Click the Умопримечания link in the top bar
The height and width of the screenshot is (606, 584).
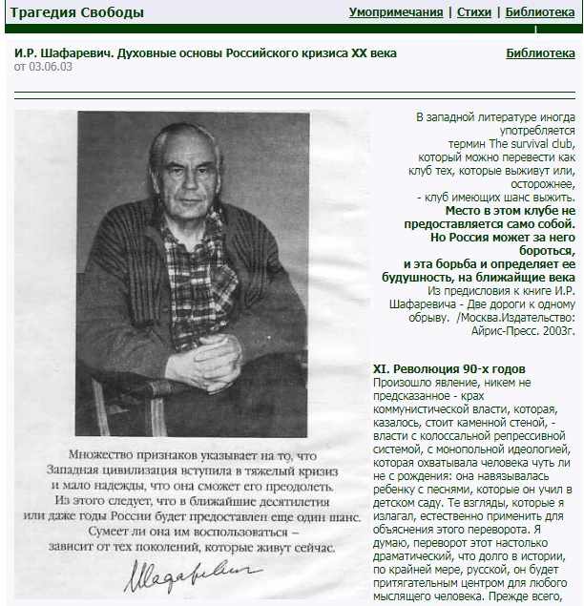pyautogui.click(x=396, y=12)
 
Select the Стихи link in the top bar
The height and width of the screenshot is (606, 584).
pyautogui.click(x=474, y=12)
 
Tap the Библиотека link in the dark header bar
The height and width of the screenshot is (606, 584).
pyautogui.click(x=540, y=12)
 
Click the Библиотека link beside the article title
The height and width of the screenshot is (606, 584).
pyautogui.click(x=540, y=53)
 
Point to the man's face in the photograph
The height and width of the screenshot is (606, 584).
pyautogui.click(x=186, y=174)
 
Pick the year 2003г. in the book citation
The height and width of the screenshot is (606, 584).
pyautogui.click(x=557, y=303)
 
